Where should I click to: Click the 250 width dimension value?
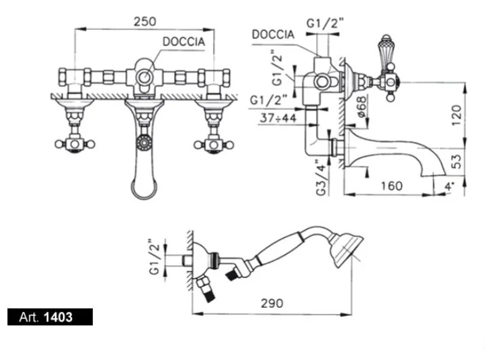[x=144, y=21]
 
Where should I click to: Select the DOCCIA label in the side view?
[x=273, y=34]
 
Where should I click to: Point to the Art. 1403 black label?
[x=50, y=316]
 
